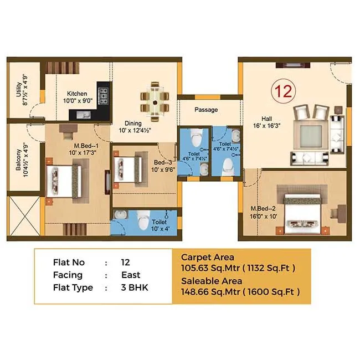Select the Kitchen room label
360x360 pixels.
coord(77,97)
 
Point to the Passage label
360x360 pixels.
coord(205,110)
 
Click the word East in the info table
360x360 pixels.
coord(131,275)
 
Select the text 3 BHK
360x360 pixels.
coord(135,288)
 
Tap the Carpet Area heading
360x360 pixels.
coord(208,258)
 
